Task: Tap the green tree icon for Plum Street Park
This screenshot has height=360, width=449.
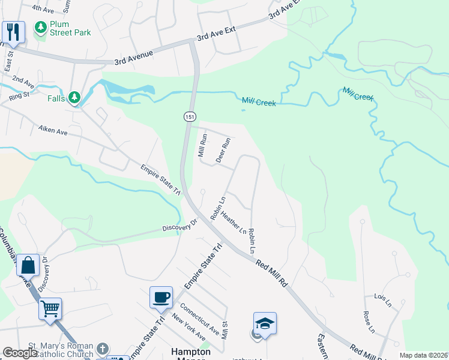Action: coord(41,28)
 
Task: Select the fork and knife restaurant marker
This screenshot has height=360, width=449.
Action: coord(12,32)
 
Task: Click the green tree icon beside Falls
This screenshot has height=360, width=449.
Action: coord(74,97)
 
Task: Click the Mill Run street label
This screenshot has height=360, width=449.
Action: coord(202,145)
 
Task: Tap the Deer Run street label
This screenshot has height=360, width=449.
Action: coord(223,151)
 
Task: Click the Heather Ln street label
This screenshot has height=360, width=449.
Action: coord(234,222)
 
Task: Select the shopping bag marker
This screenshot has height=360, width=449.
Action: coord(28,265)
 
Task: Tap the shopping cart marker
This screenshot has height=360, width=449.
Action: coord(50,309)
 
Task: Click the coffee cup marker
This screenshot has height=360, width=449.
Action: coord(161,298)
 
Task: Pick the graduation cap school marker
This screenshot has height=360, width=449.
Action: coord(265,323)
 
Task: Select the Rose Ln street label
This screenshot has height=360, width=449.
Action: coord(369,322)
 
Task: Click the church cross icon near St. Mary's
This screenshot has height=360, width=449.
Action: coord(103,349)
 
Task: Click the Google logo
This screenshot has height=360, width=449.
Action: coord(21,353)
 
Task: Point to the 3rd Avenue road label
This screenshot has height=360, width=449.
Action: coord(134,58)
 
